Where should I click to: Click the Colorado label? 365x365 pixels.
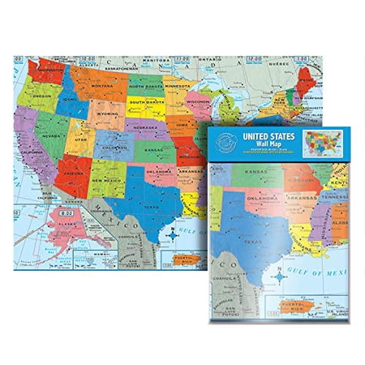point(112,148)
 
